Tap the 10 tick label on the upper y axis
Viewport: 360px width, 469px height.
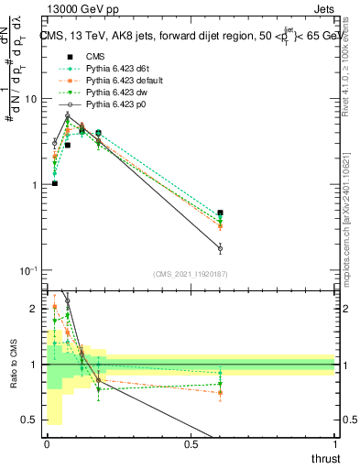click(33, 99)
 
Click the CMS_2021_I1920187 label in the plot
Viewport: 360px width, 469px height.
click(191, 274)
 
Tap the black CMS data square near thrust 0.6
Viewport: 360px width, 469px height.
click(220, 213)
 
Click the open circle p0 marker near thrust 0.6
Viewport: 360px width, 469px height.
click(220, 248)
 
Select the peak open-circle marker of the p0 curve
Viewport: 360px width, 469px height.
click(68, 115)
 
